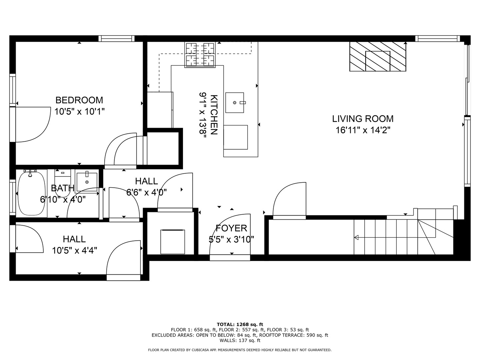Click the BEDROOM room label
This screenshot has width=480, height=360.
(79, 100)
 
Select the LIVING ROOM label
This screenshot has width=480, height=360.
(363, 119)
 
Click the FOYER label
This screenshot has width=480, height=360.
(231, 228)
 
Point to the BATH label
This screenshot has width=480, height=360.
(62, 188)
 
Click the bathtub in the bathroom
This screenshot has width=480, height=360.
(31, 194)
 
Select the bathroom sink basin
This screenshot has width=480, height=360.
(87, 182)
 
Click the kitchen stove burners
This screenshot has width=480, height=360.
(200, 54)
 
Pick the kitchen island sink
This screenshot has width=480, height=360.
(235, 103)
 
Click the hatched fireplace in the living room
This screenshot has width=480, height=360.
(378, 56)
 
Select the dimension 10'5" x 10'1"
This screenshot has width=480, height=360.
(79, 111)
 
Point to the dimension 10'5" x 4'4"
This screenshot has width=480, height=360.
(74, 250)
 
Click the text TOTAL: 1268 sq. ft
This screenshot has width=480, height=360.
(240, 324)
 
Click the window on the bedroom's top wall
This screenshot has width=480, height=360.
(116, 39)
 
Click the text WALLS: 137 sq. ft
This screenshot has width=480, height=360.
(240, 340)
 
